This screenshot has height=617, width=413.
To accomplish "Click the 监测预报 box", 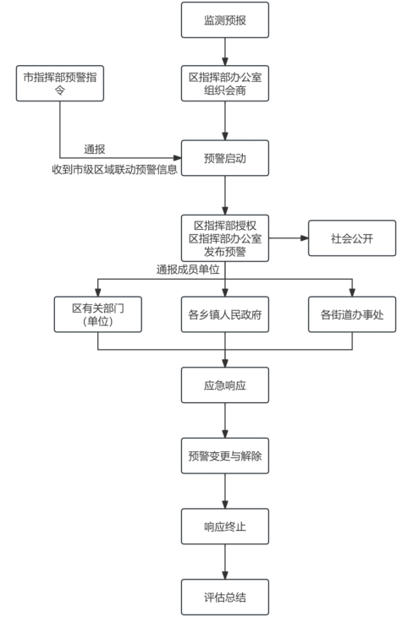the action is pyautogui.click(x=225, y=20).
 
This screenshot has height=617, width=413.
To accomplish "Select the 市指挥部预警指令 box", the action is pyautogui.click(x=60, y=84).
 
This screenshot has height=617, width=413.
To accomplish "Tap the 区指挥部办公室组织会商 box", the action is pyautogui.click(x=225, y=84).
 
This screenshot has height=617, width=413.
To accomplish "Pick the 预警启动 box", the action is pyautogui.click(x=225, y=158).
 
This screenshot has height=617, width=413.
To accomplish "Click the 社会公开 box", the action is pyautogui.click(x=352, y=238).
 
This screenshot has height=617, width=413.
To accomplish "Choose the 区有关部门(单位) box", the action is pyautogui.click(x=97, y=314).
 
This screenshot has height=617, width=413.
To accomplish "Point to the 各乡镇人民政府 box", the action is pyautogui.click(x=225, y=314).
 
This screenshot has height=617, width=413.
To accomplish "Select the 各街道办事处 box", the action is pyautogui.click(x=352, y=314).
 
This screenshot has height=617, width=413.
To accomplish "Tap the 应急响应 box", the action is pyautogui.click(x=225, y=385).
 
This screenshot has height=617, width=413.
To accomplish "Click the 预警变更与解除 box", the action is pyautogui.click(x=225, y=456).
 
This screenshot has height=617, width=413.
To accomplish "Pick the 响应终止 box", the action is pyautogui.click(x=225, y=527).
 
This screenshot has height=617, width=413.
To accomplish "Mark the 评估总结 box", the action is pyautogui.click(x=225, y=597).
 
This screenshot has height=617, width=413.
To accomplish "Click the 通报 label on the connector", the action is pyautogui.click(x=95, y=149).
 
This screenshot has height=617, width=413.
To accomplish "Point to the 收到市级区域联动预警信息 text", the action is pyautogui.click(x=115, y=169).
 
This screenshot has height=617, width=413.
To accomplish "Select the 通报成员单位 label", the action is pyautogui.click(x=188, y=270).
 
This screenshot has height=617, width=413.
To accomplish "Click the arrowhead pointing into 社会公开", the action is pyautogui.click(x=304, y=238).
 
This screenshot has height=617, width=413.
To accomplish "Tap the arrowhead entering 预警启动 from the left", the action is pyautogui.click(x=178, y=158).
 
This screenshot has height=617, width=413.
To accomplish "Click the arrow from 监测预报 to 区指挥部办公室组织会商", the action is pyautogui.click(x=225, y=52).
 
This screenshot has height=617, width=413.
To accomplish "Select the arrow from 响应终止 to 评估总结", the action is pyautogui.click(x=225, y=561).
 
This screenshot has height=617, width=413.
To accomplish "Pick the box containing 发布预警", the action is pyautogui.click(x=225, y=238).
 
